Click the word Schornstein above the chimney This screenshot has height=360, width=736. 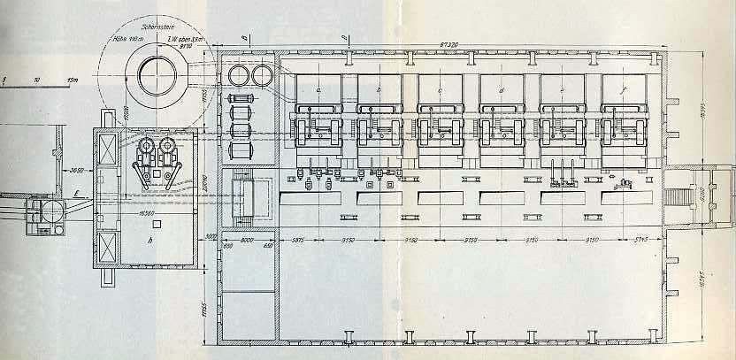pyautogui.click(x=148, y=28)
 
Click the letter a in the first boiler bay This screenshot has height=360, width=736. pyautogui.click(x=317, y=90)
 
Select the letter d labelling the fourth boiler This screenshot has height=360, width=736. pyautogui.click(x=502, y=90)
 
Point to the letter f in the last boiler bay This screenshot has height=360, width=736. pyautogui.click(x=625, y=90)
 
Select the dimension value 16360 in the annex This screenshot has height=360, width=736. pyautogui.click(x=152, y=213)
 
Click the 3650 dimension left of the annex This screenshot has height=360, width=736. pyautogui.click(x=77, y=166)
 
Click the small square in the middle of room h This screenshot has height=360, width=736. pyautogui.click(x=159, y=174)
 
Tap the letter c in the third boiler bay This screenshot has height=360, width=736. pyautogui.click(x=440, y=90)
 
